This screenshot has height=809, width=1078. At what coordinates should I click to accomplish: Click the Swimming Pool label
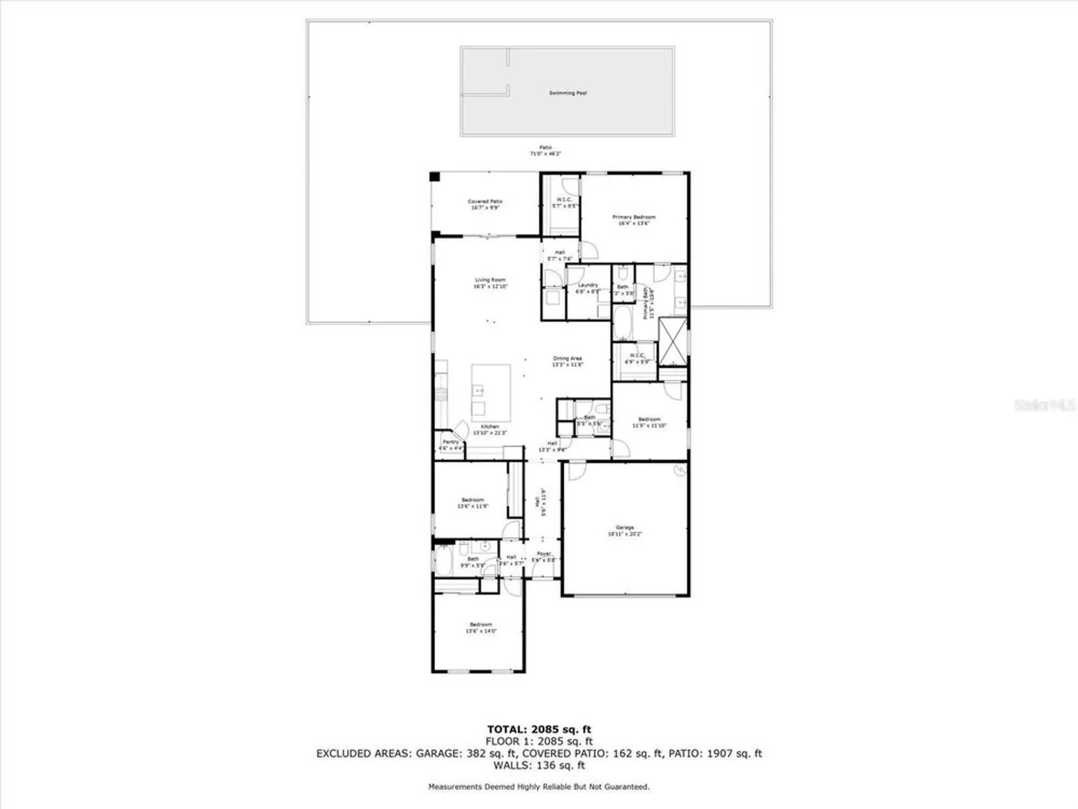pos(568,93)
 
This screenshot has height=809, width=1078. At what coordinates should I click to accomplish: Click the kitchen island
pos(491,393)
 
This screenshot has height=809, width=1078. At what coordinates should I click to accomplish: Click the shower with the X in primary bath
pos(673,341)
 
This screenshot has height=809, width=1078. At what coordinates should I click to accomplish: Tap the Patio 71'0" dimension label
pos(545,154)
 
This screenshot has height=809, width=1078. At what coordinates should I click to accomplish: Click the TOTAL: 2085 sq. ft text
pos(539,730)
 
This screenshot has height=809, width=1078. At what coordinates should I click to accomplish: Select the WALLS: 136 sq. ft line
pos(539,765)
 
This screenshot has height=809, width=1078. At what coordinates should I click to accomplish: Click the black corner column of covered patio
pos(434,177)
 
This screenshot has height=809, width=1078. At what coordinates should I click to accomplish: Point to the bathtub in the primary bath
pos(623,323)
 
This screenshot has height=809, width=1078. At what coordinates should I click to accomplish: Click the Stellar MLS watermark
pos(1045,405)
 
